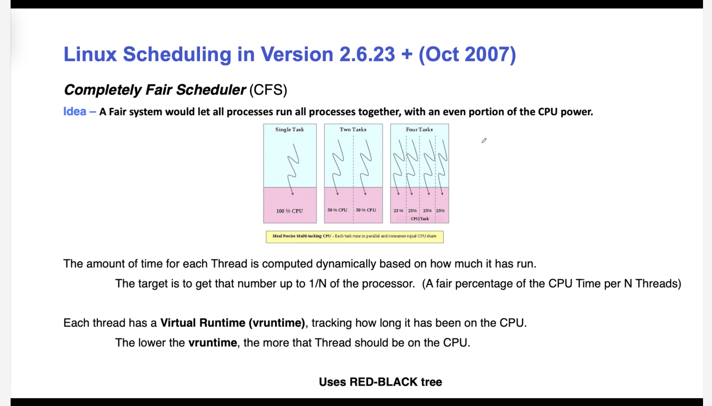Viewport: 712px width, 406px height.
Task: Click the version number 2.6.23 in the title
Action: tap(367, 54)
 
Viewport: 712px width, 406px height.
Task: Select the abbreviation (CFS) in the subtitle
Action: tap(268, 90)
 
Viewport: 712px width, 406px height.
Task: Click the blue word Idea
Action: tap(75, 111)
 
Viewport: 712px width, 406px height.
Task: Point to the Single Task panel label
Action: tap(290, 129)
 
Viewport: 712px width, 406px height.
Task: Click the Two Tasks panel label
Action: tap(353, 129)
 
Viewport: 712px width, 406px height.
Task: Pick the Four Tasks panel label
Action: tap(419, 129)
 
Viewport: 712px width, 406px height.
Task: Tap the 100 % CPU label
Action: tap(290, 211)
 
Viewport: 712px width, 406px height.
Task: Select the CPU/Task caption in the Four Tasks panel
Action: tap(420, 219)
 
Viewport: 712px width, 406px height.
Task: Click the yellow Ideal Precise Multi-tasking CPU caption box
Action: tap(355, 237)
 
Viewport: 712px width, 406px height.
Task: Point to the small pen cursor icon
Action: tap(484, 140)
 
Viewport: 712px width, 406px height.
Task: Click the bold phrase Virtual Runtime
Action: tap(203, 323)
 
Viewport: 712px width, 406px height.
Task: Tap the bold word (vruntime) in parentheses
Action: tap(277, 323)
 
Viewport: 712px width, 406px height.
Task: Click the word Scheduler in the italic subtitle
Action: tap(211, 90)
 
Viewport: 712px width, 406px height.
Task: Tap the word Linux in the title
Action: tap(90, 54)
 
